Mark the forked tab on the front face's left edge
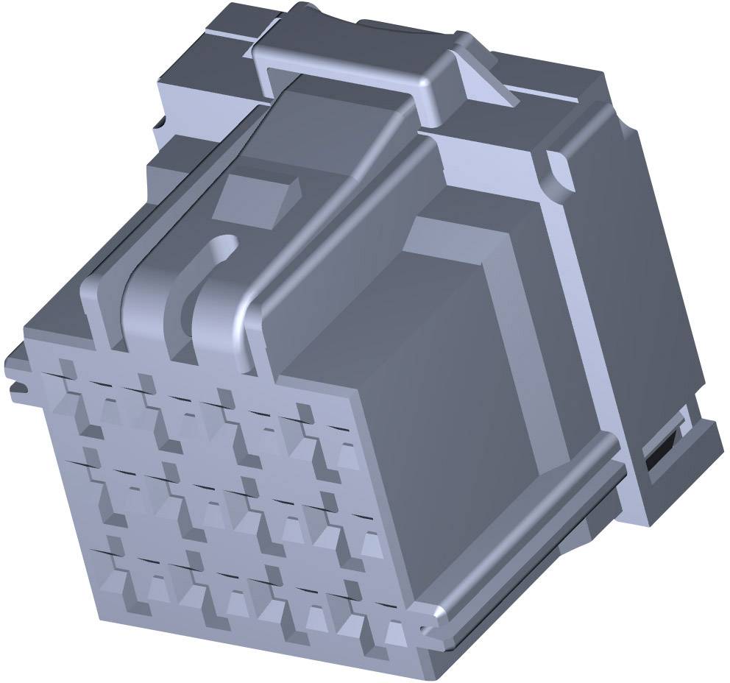pyautogui.click(x=16, y=375)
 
